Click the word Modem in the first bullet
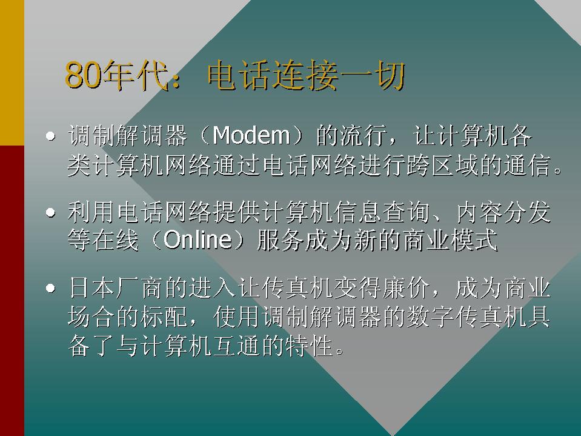pos(251,135)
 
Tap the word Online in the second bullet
pos(198,240)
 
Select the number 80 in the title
pos(83,76)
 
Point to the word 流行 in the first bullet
pos(363,135)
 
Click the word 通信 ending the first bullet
pos(527,165)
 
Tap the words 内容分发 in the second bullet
pos(503,212)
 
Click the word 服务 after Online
pos(281,240)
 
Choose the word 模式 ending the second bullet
pos(474,240)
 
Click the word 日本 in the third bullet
pos(91,288)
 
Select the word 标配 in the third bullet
pos(164,317)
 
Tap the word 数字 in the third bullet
pos(430,317)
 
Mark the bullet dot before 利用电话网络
pos(51,212)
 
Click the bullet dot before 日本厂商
pos(51,288)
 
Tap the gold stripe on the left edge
pos(12,73)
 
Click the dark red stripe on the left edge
pos(12,290)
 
